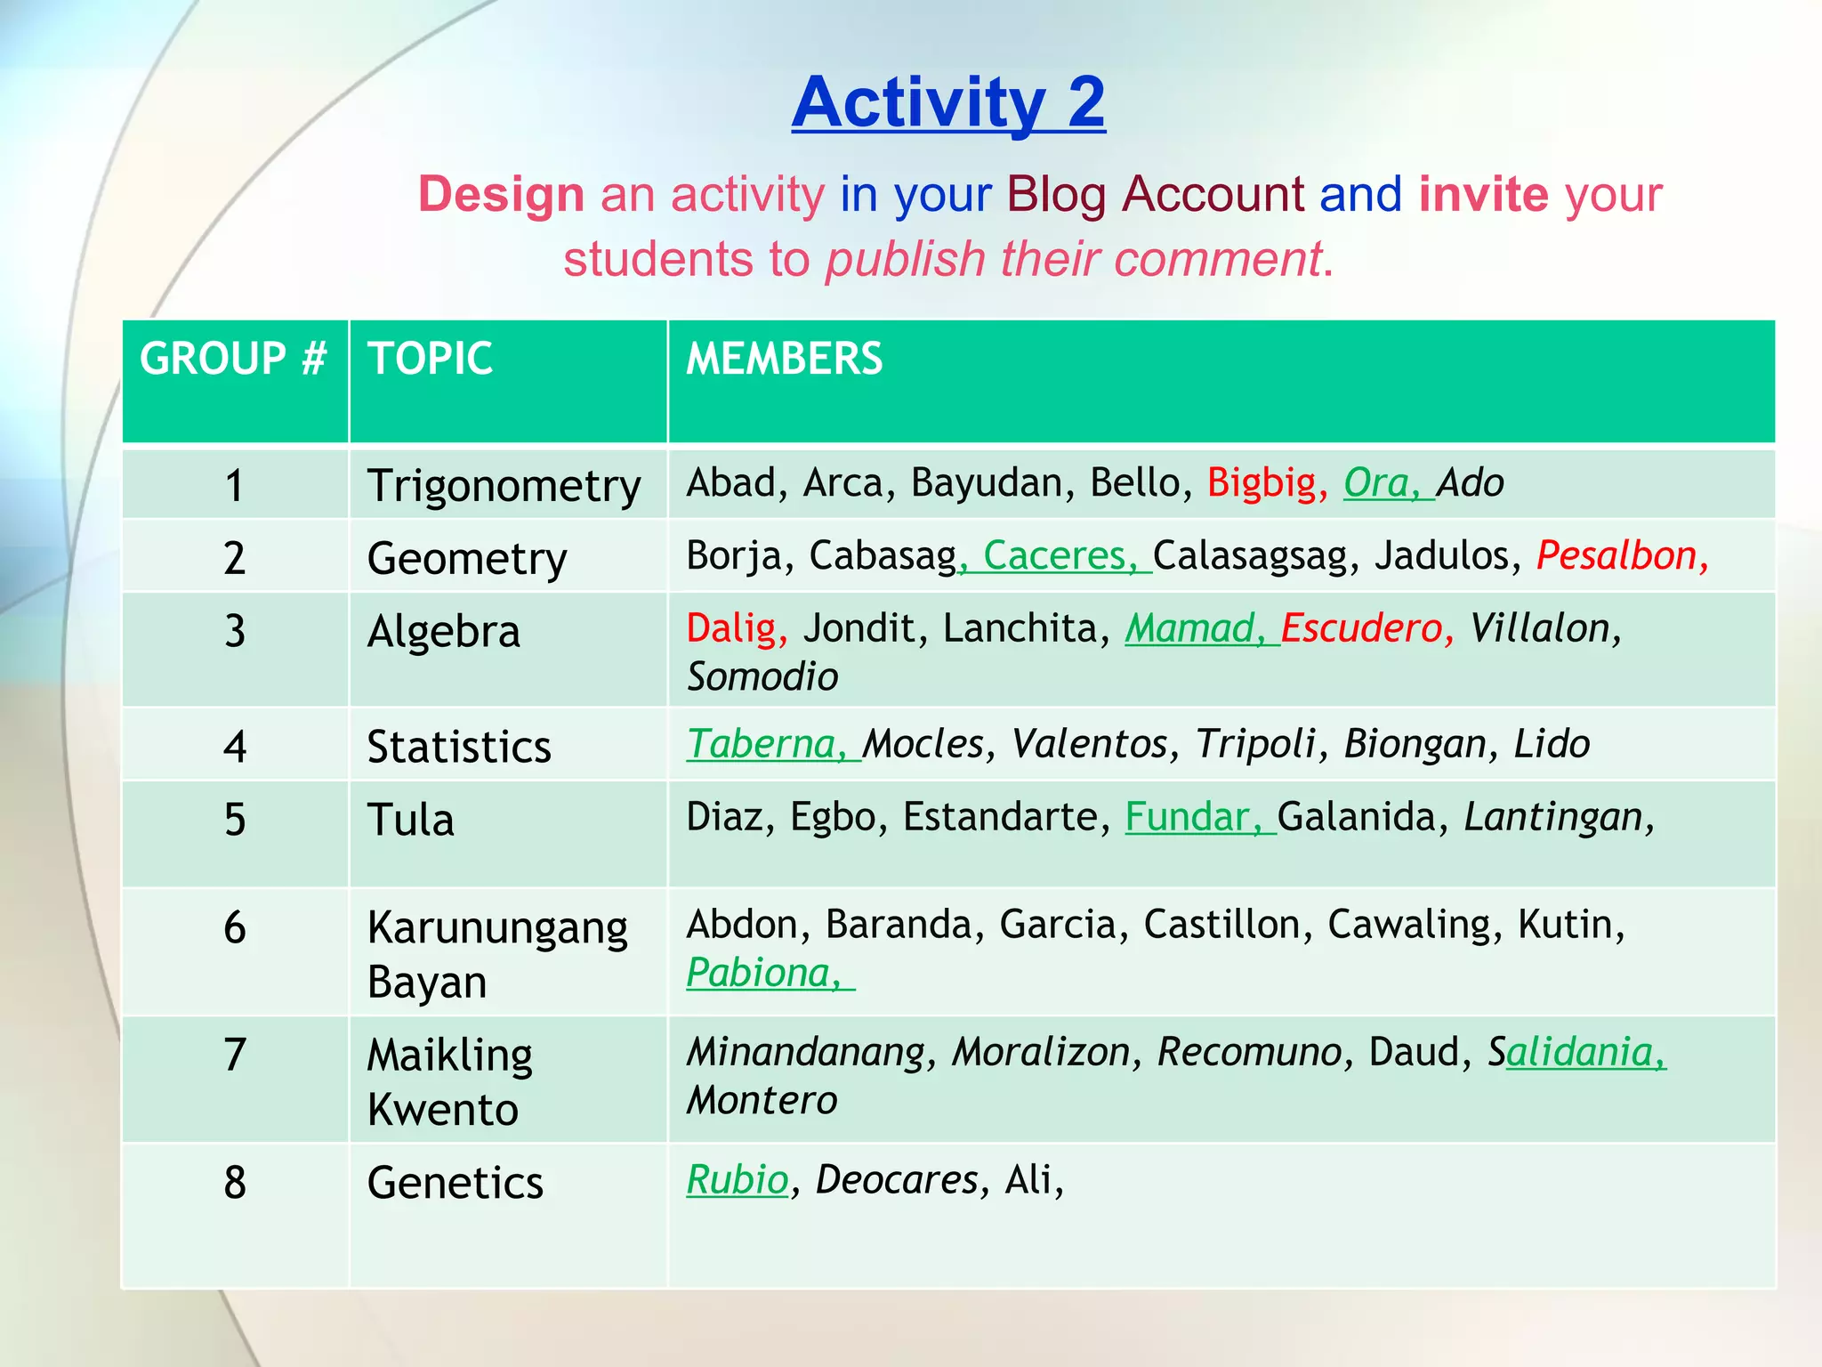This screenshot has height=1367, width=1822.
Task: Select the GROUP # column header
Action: click(x=233, y=359)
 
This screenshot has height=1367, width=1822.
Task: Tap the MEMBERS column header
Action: click(x=784, y=359)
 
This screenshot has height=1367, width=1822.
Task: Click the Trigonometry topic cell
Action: click(x=504, y=486)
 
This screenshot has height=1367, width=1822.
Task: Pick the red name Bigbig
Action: click(x=1261, y=483)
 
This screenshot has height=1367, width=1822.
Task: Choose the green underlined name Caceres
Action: click(x=1054, y=556)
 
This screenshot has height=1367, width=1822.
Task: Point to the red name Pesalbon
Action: click(x=1616, y=556)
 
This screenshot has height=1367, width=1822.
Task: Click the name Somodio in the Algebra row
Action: click(x=762, y=677)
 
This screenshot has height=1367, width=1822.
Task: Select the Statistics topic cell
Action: click(x=459, y=747)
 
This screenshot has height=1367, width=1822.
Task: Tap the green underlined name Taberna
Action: click(x=762, y=744)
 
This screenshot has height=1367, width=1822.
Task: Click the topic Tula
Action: click(x=410, y=820)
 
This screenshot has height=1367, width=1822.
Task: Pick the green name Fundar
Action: click(x=1187, y=817)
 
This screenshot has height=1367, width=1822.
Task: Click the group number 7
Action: click(x=235, y=1055)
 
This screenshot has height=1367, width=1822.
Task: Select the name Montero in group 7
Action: click(x=762, y=1101)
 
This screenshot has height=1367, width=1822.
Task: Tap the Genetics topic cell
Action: click(x=455, y=1183)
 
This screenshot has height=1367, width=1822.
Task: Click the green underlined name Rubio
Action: click(x=738, y=1180)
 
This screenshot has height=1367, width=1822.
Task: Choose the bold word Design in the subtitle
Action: click(x=501, y=194)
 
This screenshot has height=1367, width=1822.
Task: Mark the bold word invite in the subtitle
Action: click(x=1483, y=194)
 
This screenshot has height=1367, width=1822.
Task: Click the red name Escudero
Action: click(x=1361, y=628)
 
